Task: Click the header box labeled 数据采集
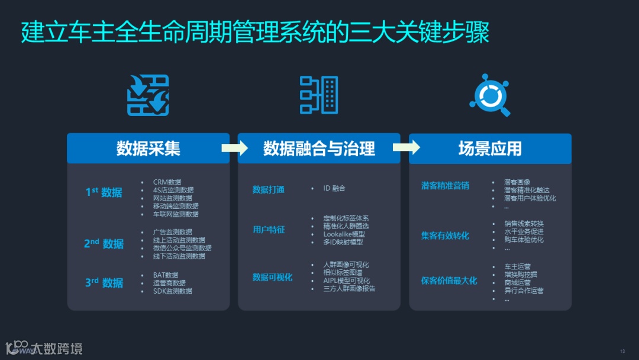[148, 148]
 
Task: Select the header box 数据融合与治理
[319, 148]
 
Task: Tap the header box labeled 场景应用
[490, 148]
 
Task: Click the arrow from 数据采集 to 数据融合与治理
[234, 148]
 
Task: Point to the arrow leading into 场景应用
[406, 147]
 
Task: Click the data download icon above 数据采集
[148, 95]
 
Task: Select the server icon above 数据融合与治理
[319, 95]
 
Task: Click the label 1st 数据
[104, 192]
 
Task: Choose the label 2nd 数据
[104, 243]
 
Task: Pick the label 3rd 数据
[104, 282]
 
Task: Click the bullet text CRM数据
[167, 182]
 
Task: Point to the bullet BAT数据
[166, 275]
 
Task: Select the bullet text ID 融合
[334, 188]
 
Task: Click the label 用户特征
[269, 229]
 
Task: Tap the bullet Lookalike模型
[344, 234]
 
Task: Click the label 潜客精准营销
[445, 185]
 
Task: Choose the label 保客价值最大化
[449, 280]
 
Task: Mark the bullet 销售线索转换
[524, 224]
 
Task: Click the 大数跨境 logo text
[57, 348]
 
